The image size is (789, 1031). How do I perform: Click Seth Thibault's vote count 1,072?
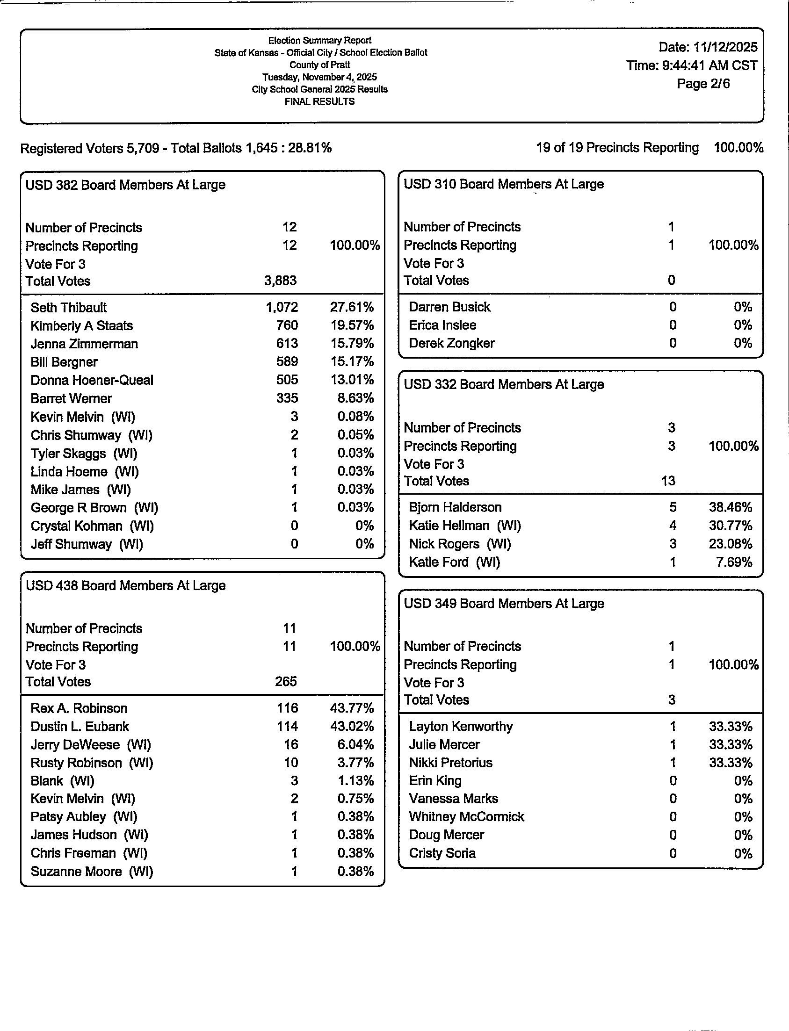tap(282, 308)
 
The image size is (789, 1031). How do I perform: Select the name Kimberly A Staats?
tap(82, 326)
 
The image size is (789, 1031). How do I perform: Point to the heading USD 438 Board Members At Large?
tap(125, 585)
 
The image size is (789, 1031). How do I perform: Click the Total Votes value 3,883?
tap(280, 281)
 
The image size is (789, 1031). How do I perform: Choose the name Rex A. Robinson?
tap(79, 708)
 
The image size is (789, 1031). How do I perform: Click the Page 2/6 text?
tap(703, 84)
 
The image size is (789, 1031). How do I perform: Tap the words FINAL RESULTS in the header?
tap(319, 101)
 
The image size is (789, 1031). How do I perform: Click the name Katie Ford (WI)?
tap(454, 562)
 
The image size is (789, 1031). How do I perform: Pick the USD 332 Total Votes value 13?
tap(668, 481)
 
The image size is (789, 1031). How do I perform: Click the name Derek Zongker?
tap(451, 343)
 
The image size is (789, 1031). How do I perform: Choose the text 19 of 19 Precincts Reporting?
tap(617, 148)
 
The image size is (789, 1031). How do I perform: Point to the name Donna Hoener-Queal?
tap(92, 380)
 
